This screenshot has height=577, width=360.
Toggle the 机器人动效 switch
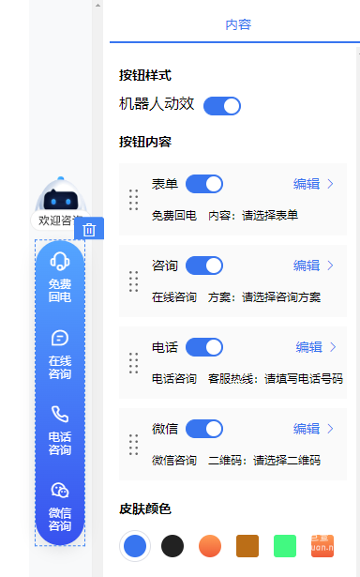pos(222,105)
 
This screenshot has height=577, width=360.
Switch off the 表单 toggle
pos(204,184)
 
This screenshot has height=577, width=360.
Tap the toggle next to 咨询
pos(204,266)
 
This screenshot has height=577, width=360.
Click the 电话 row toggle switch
pos(204,347)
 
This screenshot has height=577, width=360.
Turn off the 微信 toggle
pos(204,429)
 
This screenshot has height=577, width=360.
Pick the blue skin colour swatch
pos(135,545)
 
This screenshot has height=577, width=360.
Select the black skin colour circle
pos(172,545)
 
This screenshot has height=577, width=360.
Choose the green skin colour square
pos(285,545)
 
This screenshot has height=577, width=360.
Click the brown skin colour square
pos(247,545)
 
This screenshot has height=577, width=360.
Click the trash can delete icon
pos(89,229)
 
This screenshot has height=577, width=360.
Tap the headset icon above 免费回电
pos(60,261)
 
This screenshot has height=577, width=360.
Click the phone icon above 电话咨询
pos(60,414)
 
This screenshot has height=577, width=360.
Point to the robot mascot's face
pos(60,200)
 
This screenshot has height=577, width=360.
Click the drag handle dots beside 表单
pos(133,200)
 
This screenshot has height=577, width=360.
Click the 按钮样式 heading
pos(145,75)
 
